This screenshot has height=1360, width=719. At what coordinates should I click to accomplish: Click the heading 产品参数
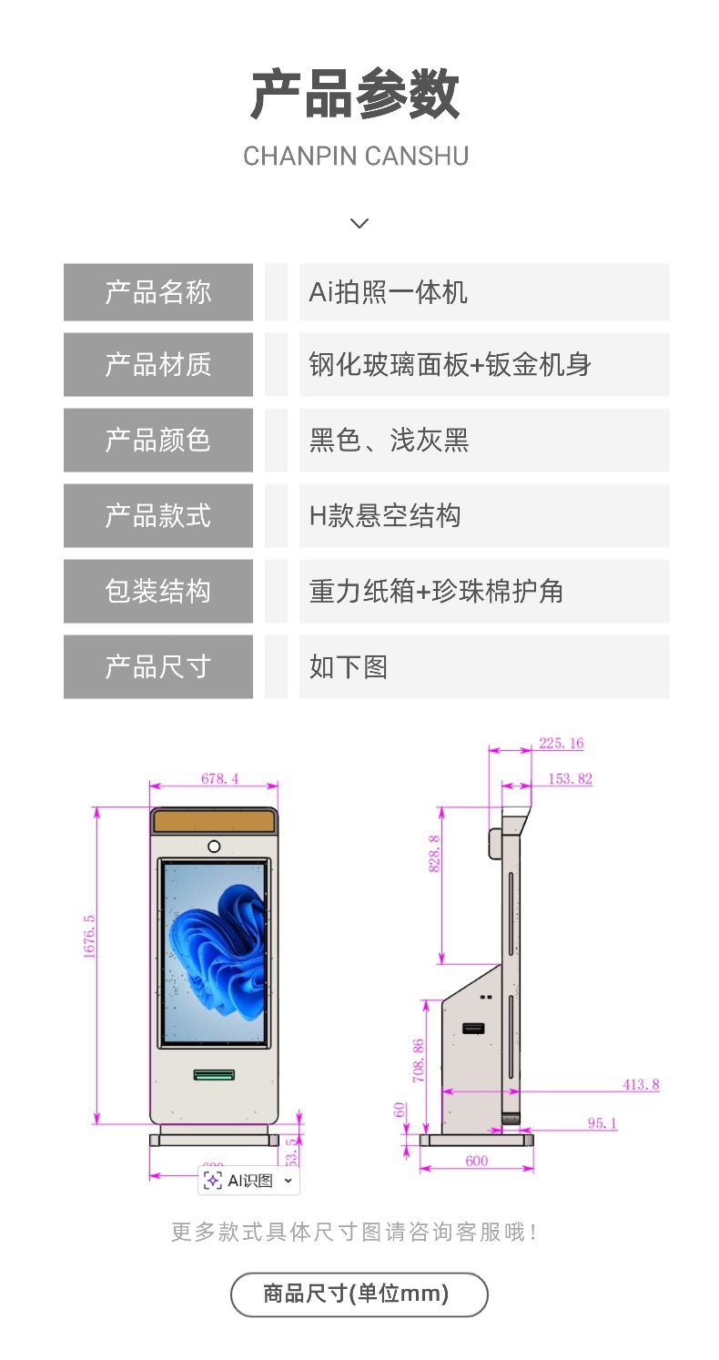[355, 94]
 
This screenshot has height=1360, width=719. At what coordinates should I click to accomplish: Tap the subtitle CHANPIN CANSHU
[355, 156]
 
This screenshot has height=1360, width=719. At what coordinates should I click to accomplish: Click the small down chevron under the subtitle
[359, 223]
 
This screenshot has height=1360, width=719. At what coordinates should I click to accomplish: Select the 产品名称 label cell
[158, 292]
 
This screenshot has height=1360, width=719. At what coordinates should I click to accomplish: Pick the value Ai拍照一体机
[389, 292]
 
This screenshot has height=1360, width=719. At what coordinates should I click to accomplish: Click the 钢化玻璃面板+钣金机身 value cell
[451, 364]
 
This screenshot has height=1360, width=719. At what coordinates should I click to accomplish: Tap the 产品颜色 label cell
[158, 440]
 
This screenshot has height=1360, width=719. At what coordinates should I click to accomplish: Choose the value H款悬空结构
[385, 515]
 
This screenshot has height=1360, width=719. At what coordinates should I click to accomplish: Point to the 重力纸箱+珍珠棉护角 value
[436, 591]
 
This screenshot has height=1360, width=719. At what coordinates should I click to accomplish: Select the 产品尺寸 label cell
[158, 666]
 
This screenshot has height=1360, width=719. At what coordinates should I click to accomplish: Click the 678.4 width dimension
[219, 778]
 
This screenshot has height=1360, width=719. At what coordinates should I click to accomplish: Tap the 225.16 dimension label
[561, 743]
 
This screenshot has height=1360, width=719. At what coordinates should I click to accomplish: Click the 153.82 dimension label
[570, 778]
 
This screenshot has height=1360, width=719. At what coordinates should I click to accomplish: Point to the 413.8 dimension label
[641, 1084]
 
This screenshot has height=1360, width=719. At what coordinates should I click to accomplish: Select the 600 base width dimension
[477, 1161]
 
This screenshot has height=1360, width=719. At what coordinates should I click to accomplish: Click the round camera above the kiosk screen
[214, 846]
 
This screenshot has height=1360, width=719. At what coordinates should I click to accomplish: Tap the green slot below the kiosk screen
[214, 1075]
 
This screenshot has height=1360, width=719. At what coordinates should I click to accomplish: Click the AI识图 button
[248, 1181]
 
